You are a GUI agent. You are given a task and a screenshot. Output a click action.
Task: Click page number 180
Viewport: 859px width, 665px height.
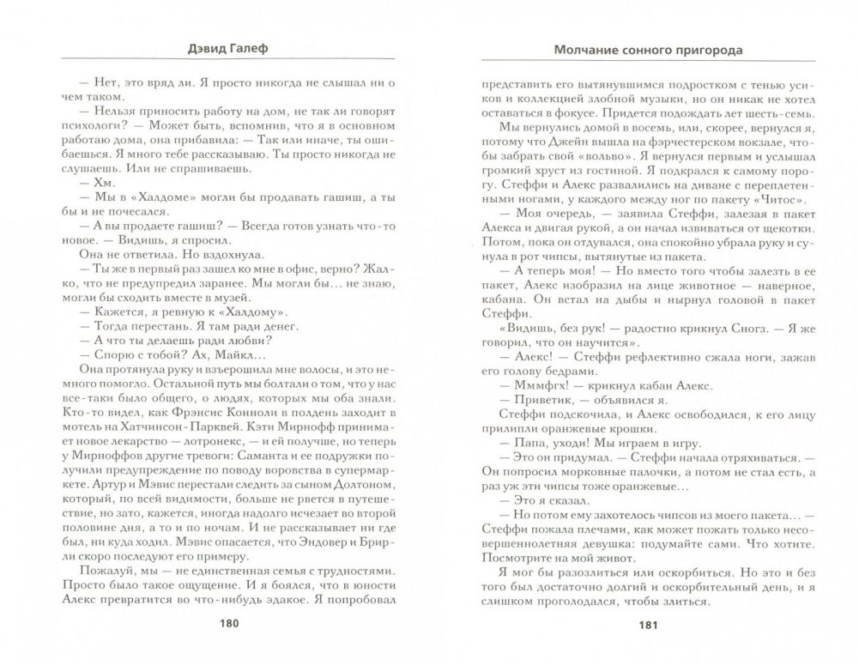[x=230, y=624]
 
